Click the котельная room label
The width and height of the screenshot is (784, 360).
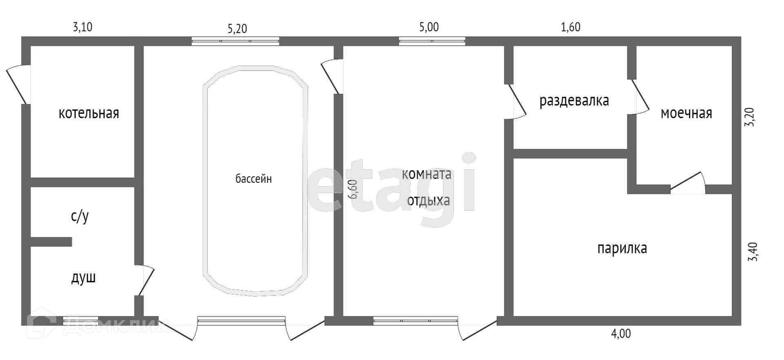pyautogui.click(x=89, y=113)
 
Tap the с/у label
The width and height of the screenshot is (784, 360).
pyautogui.click(x=80, y=216)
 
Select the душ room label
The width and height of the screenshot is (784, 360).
pyautogui.click(x=83, y=278)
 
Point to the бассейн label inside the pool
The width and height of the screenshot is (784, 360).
pyautogui.click(x=254, y=179)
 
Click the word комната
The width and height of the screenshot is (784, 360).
pyautogui.click(x=427, y=174)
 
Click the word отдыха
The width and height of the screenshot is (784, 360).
pyautogui.click(x=429, y=201)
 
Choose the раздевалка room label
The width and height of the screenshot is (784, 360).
pyautogui.click(x=574, y=100)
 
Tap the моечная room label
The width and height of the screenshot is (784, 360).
pyautogui.click(x=686, y=113)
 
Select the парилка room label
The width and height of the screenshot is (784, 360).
pyautogui.click(x=622, y=248)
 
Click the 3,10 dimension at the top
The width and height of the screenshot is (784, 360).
pyautogui.click(x=83, y=27)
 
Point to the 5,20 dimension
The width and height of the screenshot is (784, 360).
pyautogui.click(x=237, y=29)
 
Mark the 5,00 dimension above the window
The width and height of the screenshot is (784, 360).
pyautogui.click(x=429, y=27)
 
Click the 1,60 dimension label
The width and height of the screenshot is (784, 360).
pyautogui.click(x=570, y=27)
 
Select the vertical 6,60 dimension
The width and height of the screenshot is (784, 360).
pyautogui.click(x=354, y=189)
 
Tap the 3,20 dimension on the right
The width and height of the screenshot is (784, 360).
pyautogui.click(x=751, y=117)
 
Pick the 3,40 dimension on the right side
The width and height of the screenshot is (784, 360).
pyautogui.click(x=752, y=252)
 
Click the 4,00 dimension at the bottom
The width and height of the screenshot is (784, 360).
pyautogui.click(x=621, y=333)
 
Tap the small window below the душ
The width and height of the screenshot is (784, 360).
pyautogui.click(x=80, y=321)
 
